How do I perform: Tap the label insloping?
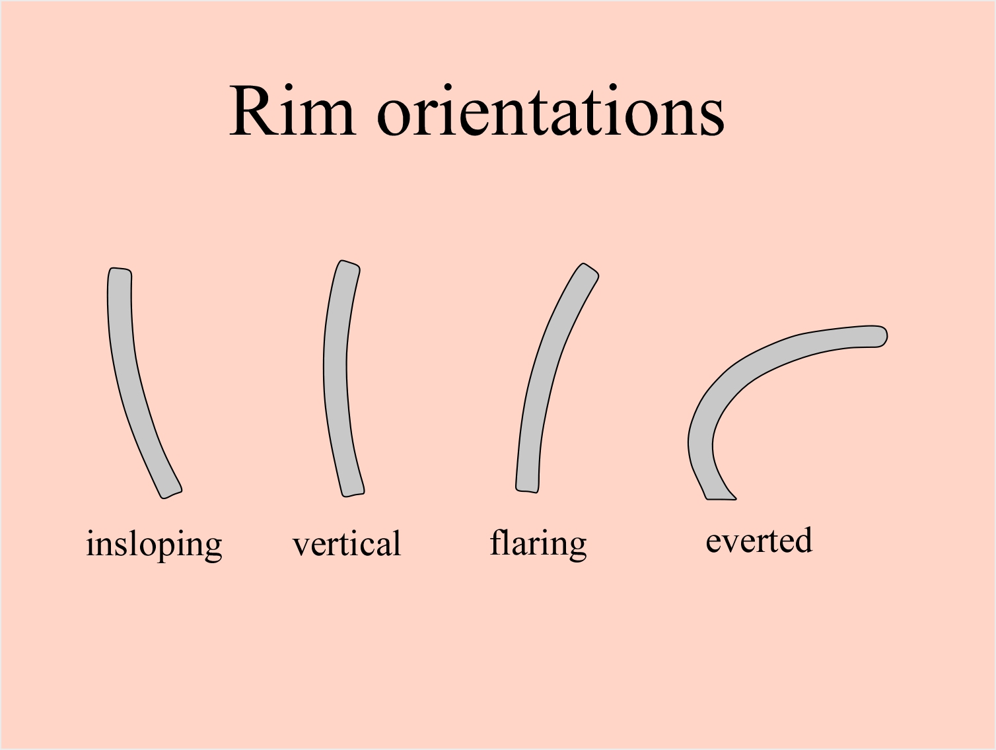[154, 545]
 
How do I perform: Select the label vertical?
[347, 544]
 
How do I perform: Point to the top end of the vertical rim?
[349, 266]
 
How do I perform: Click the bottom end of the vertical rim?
[352, 491]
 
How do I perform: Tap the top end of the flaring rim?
[588, 271]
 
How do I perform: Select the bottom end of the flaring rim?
[527, 487]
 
